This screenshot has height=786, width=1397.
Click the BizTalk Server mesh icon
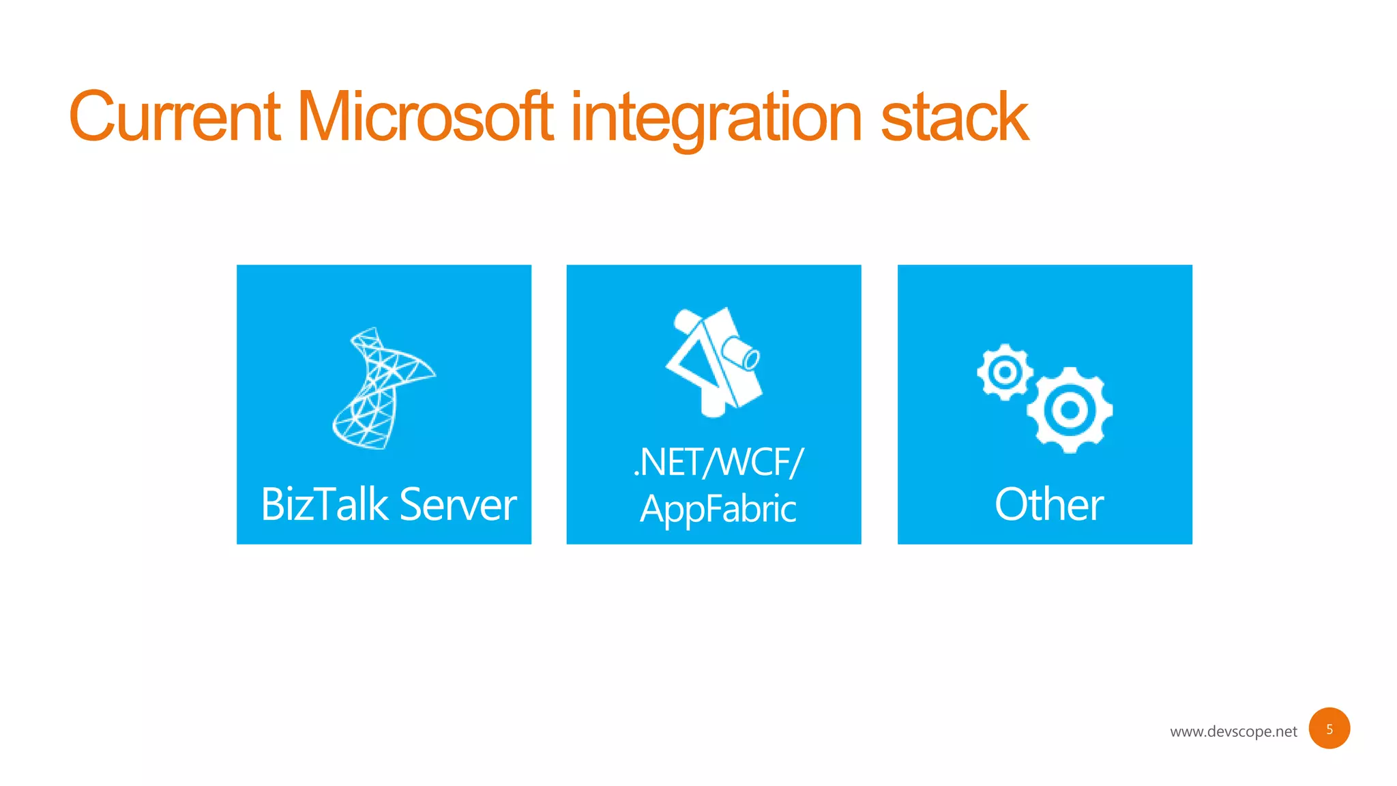382,389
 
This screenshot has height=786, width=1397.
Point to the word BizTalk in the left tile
325,504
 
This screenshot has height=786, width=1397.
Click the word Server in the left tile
458,505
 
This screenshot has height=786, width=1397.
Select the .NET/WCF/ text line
718,462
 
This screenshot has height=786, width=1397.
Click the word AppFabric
718,509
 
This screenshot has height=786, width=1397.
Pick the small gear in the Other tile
1004,372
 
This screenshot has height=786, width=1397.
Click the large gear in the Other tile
1070,410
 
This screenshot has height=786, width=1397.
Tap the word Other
1048,504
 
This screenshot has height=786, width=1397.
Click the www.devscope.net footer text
1233,731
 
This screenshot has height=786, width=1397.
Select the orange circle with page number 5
1329,729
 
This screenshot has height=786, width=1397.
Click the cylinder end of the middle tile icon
750,358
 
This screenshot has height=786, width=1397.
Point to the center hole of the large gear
1070,410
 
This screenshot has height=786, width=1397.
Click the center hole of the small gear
1004,372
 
